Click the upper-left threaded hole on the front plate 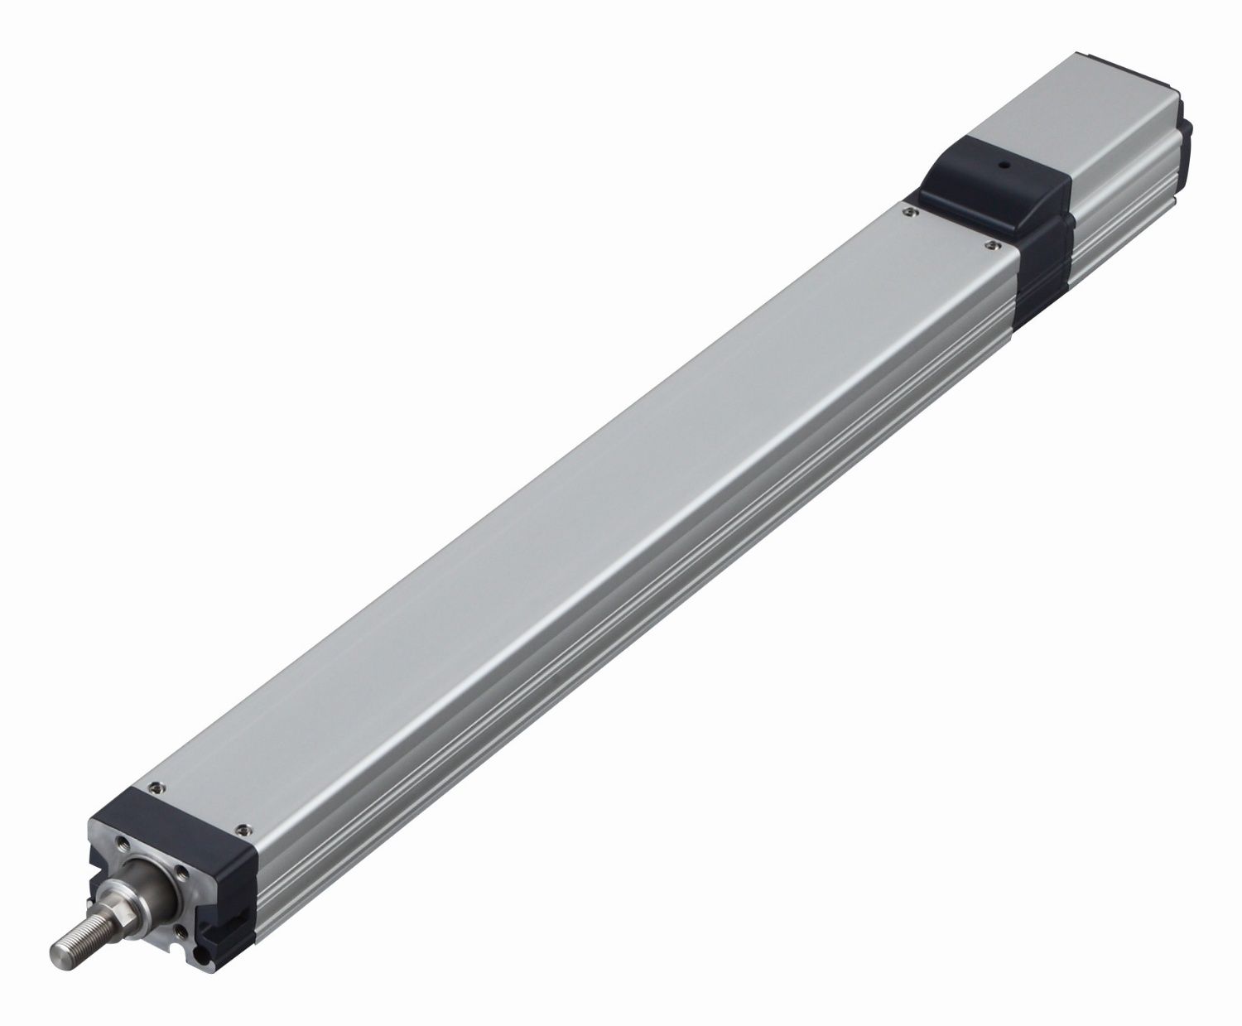tap(123, 842)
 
